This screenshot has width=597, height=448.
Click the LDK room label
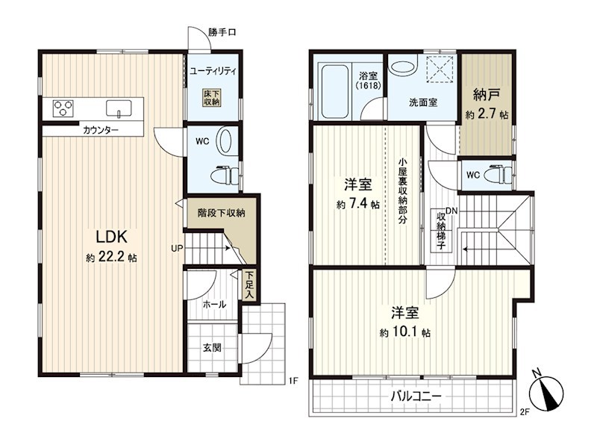112,237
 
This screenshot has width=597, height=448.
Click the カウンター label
101,131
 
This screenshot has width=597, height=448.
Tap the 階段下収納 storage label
221,213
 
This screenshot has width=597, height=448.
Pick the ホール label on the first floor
214,304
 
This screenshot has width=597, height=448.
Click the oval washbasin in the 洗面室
401,66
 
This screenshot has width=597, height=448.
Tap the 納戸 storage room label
486,95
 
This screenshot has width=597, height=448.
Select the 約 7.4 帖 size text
357,204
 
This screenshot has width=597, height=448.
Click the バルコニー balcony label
416,396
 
